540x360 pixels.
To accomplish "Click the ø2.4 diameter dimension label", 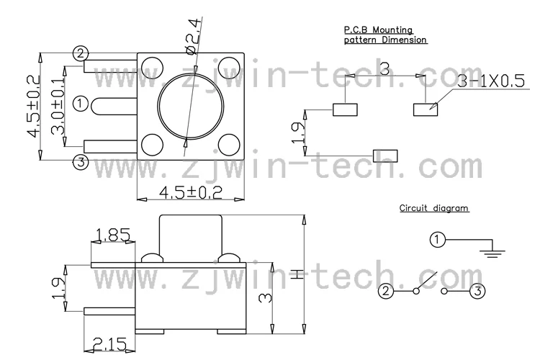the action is point(193,37).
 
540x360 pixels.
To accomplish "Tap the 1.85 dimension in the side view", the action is point(113,235).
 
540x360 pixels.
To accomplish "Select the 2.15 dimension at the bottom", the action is point(109,344).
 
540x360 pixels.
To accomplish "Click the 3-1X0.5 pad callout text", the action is point(491,81).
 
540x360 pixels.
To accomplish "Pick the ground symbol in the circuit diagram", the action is point(492,253).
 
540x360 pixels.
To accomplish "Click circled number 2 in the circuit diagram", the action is point(386,291).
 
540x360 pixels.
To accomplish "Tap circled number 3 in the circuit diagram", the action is point(477,291).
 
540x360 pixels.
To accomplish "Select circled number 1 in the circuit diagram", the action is point(438,240).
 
